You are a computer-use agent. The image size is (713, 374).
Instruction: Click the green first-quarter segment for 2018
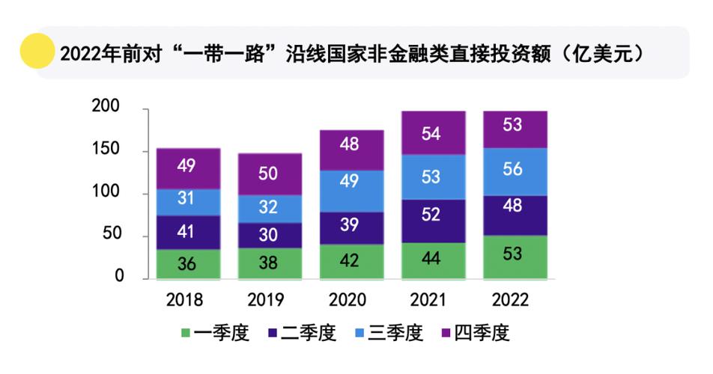click(x=187, y=264)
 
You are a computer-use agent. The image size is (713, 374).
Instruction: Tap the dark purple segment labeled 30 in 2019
click(x=268, y=235)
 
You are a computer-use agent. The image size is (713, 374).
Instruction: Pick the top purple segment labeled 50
click(x=268, y=174)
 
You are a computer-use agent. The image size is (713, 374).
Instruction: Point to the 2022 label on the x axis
click(x=512, y=300)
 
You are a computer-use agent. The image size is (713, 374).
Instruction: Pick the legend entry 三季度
click(x=389, y=333)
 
